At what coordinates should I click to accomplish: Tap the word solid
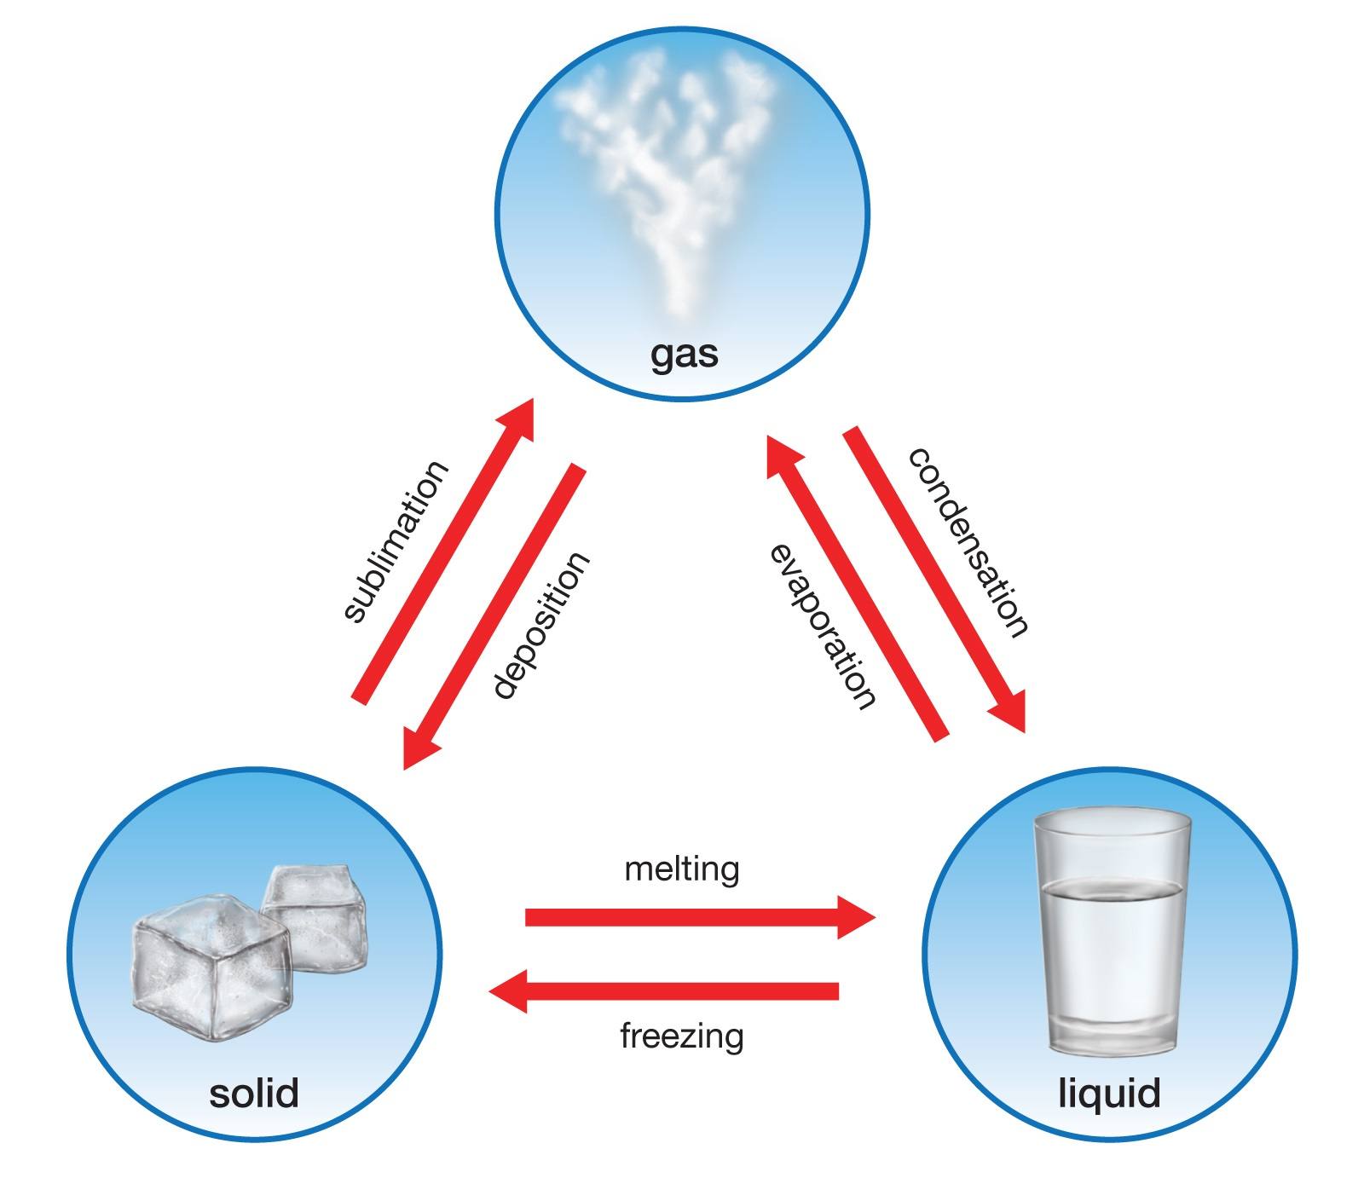pos(254,1093)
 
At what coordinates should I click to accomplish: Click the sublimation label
pos(394,542)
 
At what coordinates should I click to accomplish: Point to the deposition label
pos(540,626)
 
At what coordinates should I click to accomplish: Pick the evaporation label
pos(823,626)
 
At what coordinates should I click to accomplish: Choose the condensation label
pos(968,542)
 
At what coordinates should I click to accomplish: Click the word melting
pos(682,870)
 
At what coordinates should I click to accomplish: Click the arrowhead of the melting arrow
pos(856,917)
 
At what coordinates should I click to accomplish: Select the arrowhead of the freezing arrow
pos(508,990)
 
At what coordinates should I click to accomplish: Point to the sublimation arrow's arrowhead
pos(514,418)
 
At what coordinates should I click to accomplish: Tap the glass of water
pos(1110,933)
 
